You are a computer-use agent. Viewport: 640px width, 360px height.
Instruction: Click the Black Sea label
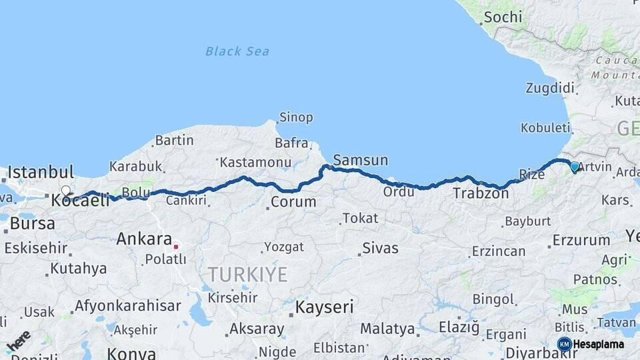(237, 51)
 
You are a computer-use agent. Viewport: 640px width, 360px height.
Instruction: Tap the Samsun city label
(360, 160)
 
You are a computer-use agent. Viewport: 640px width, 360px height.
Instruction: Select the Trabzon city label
(481, 194)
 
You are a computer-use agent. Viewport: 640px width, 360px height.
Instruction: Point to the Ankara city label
(145, 239)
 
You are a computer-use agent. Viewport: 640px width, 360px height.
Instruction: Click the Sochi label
(503, 17)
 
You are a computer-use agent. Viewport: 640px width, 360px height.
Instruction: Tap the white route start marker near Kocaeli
(65, 191)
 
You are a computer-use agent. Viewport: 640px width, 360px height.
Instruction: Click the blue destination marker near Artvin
(574, 166)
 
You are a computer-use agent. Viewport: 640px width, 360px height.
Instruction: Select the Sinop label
(296, 117)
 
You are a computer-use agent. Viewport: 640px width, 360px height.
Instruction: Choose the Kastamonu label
(255, 162)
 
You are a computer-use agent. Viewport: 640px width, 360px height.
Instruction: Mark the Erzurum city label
(581, 240)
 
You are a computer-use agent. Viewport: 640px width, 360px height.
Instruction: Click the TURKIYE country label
(247, 274)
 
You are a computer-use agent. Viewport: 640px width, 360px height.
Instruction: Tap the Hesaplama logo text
(598, 345)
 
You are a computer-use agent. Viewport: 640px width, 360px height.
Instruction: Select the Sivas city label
(380, 249)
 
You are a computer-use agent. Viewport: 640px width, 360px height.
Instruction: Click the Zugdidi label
(550, 88)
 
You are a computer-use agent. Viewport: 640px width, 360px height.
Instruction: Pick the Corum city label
(294, 202)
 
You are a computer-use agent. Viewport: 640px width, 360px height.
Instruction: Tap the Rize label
(531, 175)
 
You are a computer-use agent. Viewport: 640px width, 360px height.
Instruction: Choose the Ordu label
(397, 192)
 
